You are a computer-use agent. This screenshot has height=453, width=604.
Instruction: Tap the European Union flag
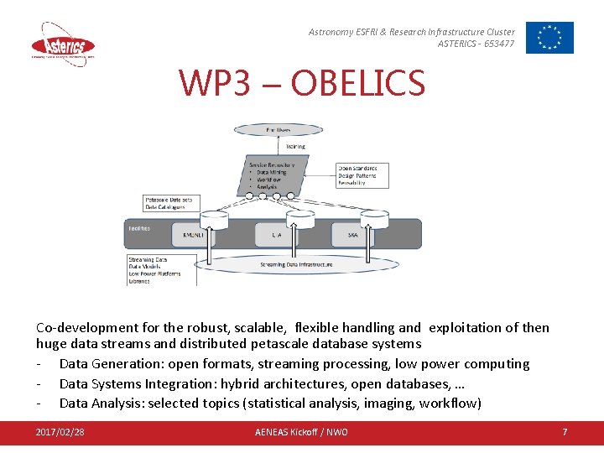click(549, 38)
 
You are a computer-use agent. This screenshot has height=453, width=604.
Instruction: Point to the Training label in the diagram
click(296, 146)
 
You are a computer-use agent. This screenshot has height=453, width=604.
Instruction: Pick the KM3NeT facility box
click(193, 236)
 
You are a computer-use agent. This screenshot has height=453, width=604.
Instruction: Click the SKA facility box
click(353, 236)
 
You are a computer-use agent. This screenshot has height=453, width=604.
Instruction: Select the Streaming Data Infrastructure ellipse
click(295, 265)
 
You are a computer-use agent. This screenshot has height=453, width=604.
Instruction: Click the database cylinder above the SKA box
click(374, 219)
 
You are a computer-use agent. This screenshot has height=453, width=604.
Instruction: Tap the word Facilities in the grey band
click(140, 228)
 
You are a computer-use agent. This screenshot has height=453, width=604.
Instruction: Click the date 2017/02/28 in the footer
click(60, 432)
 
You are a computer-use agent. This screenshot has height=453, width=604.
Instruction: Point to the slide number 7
click(565, 432)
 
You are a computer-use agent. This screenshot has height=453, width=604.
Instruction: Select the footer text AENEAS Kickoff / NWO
click(301, 432)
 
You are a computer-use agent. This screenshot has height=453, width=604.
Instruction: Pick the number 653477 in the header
click(499, 44)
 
